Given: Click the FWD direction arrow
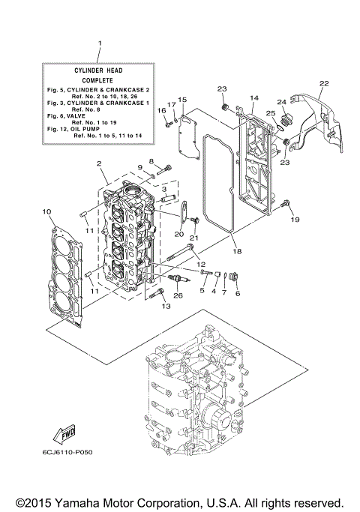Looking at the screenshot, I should (x=64, y=434).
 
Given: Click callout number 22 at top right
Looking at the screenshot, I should (x=323, y=83).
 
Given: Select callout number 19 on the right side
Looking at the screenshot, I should (x=295, y=219).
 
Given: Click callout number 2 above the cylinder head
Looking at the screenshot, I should (x=98, y=163).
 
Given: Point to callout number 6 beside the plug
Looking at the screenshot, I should (x=237, y=293).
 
